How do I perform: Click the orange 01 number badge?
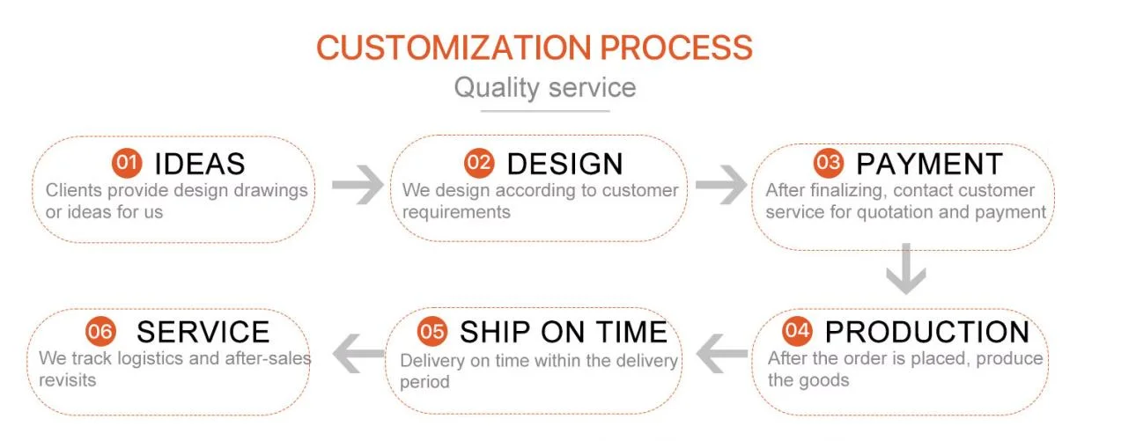(x=127, y=163)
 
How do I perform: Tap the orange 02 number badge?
(x=480, y=163)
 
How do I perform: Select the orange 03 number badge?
(x=829, y=163)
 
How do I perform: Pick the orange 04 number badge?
(x=797, y=331)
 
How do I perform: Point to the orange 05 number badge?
(x=432, y=331)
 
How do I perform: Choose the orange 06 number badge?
(x=101, y=332)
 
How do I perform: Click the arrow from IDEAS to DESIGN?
(x=358, y=186)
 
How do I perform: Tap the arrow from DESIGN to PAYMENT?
(x=720, y=186)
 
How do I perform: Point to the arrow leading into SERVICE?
(x=360, y=354)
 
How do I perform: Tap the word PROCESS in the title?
(x=687, y=48)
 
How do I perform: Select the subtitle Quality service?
(x=544, y=88)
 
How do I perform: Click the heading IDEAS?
(x=199, y=164)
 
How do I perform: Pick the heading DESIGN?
(x=564, y=164)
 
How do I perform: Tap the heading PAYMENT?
(x=929, y=164)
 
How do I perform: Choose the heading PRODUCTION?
(x=927, y=332)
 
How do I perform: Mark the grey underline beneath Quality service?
(x=545, y=111)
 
